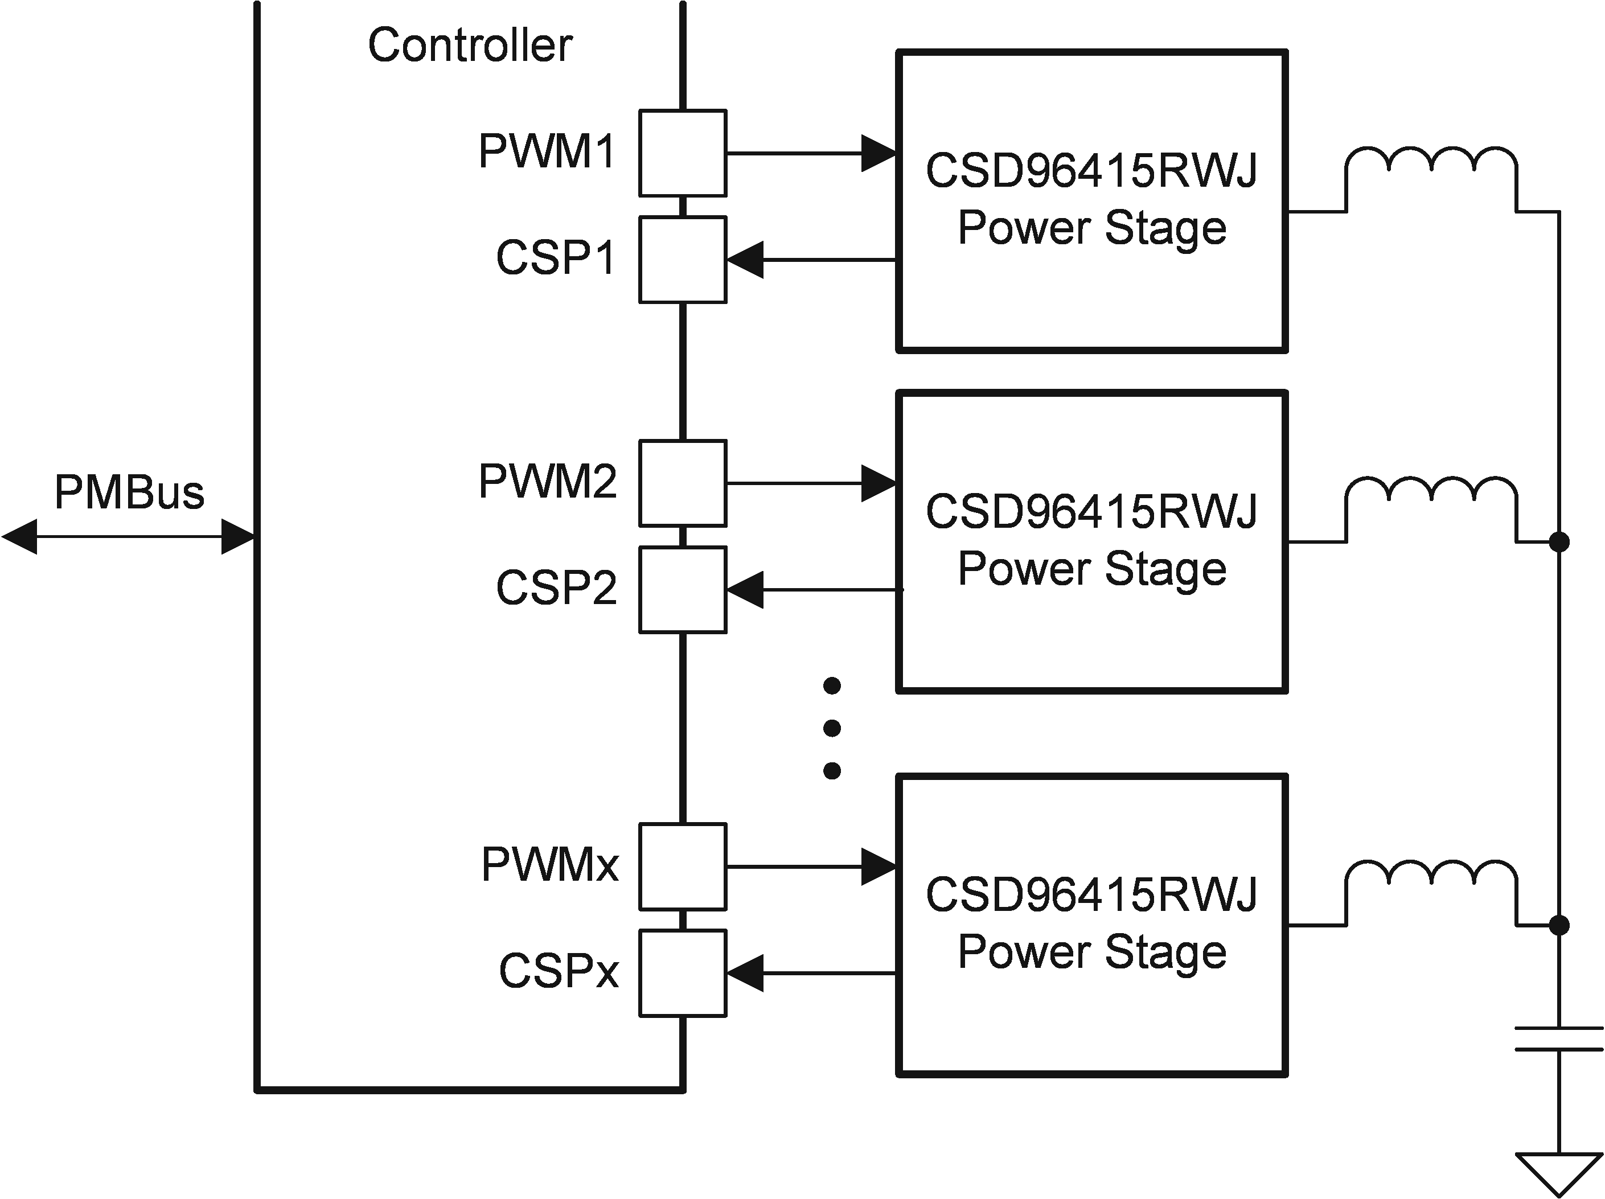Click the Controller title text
pos(470,46)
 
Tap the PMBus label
pos(129,492)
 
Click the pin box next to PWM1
pos(682,153)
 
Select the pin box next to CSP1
pos(682,260)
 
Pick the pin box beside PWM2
pos(682,483)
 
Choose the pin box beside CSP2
pos(682,590)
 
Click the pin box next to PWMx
pos(682,866)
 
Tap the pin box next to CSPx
pos(682,972)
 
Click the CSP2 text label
pos(556,588)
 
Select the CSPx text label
pos(558,971)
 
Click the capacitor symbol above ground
pos(1558,1038)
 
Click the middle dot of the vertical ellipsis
pos(832,728)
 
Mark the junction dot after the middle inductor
pos(1558,541)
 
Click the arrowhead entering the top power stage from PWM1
pos(878,153)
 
